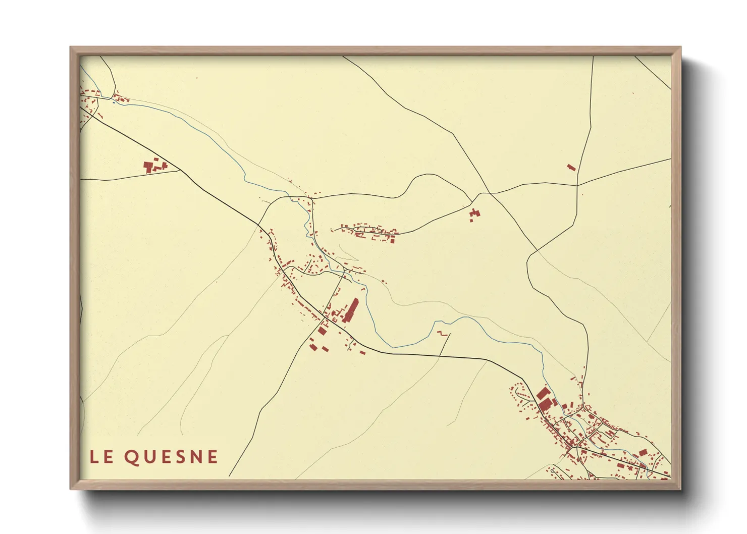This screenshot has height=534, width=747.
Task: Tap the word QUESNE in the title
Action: [x=171, y=457]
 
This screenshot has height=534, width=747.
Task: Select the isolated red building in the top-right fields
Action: [x=571, y=167]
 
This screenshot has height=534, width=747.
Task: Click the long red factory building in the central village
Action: [x=350, y=310]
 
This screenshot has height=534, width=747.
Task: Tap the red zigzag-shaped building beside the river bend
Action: [x=442, y=333]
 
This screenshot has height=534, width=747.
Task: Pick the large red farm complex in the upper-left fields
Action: [x=153, y=166]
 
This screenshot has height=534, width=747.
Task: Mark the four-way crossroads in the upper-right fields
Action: [x=490, y=193]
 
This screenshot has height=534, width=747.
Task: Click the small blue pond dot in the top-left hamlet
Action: [x=114, y=102]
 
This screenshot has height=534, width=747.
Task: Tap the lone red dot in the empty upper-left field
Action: [x=197, y=78]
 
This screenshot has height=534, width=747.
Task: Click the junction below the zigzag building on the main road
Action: [x=440, y=355]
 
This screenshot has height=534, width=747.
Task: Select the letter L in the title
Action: [x=94, y=457]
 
